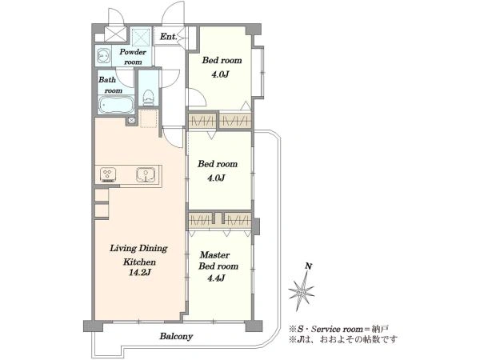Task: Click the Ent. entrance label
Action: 169,37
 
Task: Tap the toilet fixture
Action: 148,98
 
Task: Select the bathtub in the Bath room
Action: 116,105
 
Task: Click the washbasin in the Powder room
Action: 103,56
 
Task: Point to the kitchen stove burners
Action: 108,174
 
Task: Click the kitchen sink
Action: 145,174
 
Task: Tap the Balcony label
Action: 176,337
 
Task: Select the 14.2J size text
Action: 139,273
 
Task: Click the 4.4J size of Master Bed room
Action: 216,278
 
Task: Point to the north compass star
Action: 302,290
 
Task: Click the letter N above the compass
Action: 309,266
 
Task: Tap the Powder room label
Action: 133,57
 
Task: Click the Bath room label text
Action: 110,85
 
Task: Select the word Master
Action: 214,254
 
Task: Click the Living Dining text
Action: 138,248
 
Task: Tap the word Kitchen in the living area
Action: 139,262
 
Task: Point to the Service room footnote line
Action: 339,329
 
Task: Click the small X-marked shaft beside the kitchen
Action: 132,120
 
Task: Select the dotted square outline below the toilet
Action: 149,118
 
